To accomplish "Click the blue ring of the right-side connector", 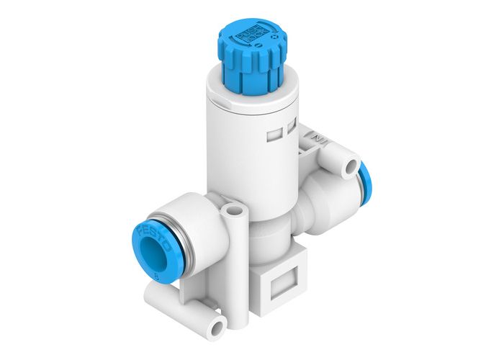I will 364,177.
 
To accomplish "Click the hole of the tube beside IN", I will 351,166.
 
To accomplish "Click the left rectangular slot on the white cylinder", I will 274,133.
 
